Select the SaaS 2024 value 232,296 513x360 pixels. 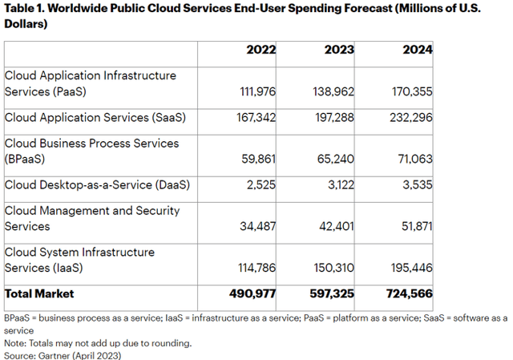(412, 117)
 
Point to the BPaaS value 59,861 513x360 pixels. (259, 159)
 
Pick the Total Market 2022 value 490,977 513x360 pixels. (254, 293)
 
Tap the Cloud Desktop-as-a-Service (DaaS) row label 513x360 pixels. (97, 184)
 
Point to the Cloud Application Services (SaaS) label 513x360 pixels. (95, 117)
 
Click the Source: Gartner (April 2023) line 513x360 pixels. (63, 354)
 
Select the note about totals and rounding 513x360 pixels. (98, 342)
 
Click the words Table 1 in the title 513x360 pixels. (24, 9)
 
